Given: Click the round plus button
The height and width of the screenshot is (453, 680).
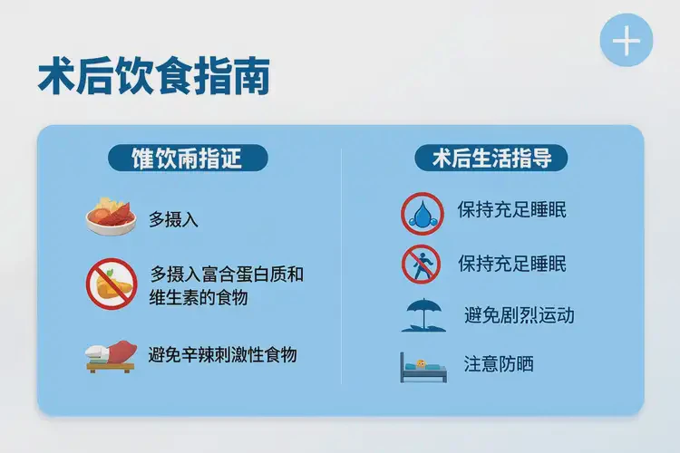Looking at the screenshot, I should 626,42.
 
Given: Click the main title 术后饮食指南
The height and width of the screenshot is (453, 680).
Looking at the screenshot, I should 153,77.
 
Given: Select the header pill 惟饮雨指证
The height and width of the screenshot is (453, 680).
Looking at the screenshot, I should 188,158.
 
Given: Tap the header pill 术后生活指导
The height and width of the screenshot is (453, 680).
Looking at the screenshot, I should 491,158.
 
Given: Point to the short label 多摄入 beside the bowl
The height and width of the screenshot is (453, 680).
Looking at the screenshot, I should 173,219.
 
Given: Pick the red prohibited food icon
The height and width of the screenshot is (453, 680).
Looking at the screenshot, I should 111,284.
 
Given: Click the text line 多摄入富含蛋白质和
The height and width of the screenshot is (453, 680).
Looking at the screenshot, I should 226,274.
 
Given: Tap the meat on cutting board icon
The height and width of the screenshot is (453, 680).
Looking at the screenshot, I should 111,356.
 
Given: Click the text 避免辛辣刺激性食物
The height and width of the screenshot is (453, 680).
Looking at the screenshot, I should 222,354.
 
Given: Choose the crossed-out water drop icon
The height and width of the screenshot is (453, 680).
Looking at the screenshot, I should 422,214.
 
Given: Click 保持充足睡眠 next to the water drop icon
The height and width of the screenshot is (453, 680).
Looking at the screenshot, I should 512,211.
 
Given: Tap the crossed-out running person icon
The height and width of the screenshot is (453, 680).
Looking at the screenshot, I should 421,265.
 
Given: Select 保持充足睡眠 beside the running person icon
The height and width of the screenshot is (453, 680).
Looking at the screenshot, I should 512,264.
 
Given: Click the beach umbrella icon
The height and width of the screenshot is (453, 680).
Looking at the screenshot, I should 422,315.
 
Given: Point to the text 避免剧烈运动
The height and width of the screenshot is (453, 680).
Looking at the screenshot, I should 519,315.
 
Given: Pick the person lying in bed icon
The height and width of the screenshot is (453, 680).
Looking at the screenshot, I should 422,367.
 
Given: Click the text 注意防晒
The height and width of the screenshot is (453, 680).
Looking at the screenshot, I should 498,364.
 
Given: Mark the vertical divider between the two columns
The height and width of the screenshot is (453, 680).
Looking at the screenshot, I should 341,272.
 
